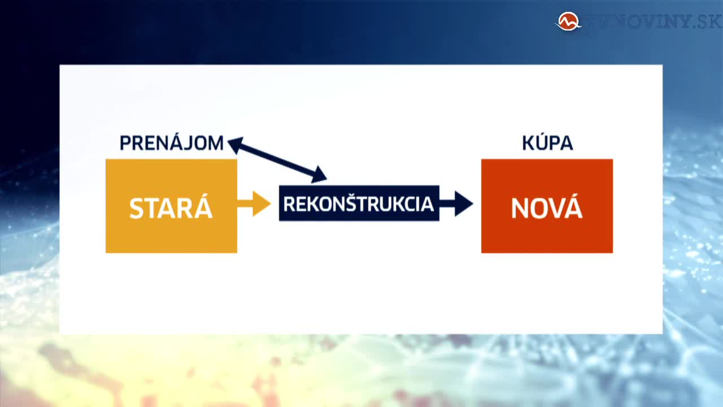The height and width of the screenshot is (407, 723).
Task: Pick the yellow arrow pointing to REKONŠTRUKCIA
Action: tap(254, 203)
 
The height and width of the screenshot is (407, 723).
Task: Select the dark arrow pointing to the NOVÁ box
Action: tap(456, 203)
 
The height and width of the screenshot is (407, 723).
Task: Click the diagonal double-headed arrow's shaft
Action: tap(277, 160)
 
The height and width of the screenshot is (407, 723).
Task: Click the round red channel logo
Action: tap(568, 21)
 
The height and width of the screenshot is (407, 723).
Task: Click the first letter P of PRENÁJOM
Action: tap(125, 144)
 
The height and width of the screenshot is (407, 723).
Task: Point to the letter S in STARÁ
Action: tap(136, 209)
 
